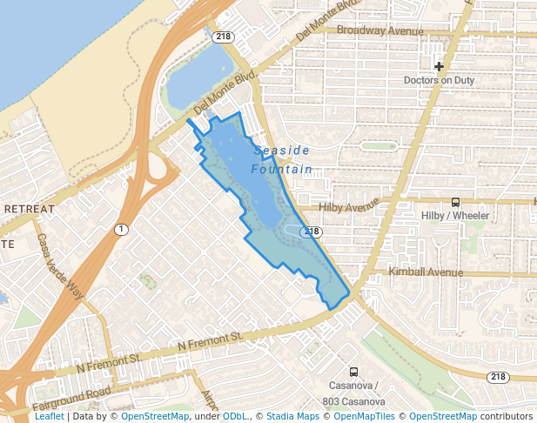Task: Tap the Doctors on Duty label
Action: tap(439, 81)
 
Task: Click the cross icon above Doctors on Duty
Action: tap(439, 66)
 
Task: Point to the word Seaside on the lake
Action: tap(282, 151)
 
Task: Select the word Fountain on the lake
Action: tap(281, 169)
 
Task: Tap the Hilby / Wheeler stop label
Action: tap(454, 216)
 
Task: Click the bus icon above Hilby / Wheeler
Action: tap(455, 202)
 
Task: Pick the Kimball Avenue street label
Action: tap(426, 272)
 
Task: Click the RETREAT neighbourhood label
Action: tap(29, 209)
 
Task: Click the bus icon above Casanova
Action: tap(353, 372)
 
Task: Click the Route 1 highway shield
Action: tap(121, 229)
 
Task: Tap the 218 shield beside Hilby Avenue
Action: tap(312, 232)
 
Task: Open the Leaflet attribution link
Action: tap(49, 417)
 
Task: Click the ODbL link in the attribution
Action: tap(235, 417)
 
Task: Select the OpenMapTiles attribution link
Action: tap(365, 417)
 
